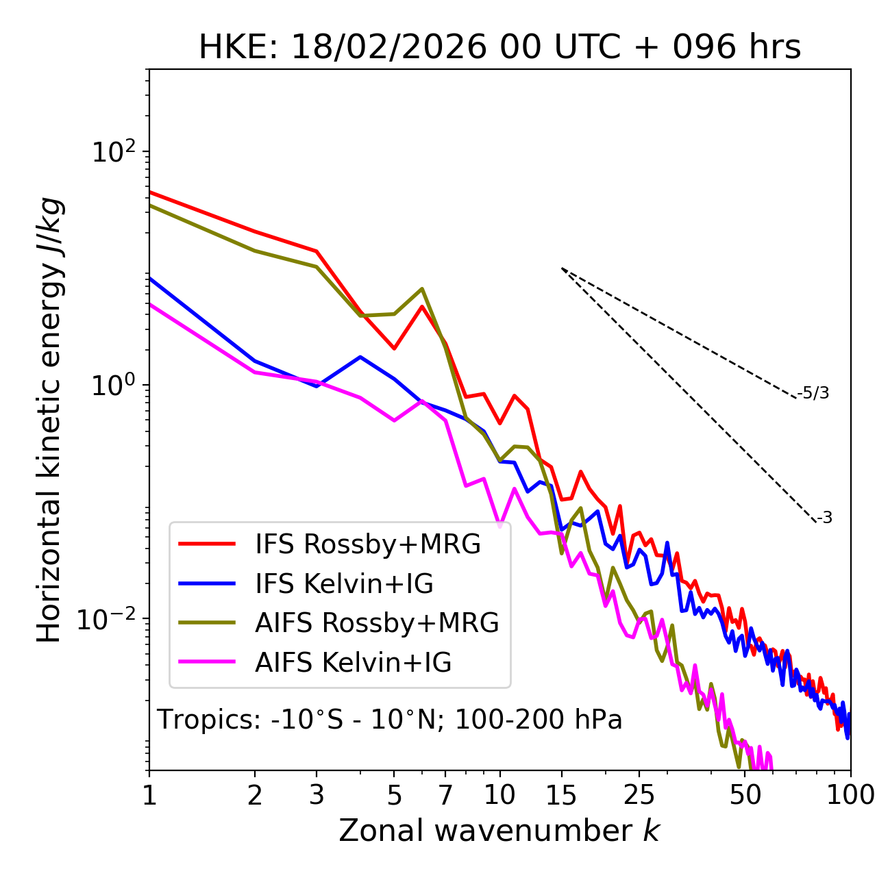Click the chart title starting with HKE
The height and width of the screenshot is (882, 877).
499,48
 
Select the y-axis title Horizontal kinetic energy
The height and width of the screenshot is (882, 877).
49,420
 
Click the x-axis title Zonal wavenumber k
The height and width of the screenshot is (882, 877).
499,831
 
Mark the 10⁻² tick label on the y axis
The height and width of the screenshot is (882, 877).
110,619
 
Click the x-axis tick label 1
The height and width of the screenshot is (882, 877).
149,794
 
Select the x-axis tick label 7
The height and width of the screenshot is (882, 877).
445,794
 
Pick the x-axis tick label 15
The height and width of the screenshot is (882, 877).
562,794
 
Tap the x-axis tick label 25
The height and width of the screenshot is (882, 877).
639,794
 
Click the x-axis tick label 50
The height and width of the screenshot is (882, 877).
745,794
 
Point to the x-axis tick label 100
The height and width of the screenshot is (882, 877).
850,794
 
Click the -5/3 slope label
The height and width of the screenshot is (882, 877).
813,393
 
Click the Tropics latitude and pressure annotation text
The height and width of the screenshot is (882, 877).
390,720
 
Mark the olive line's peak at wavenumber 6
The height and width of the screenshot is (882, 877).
422,289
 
